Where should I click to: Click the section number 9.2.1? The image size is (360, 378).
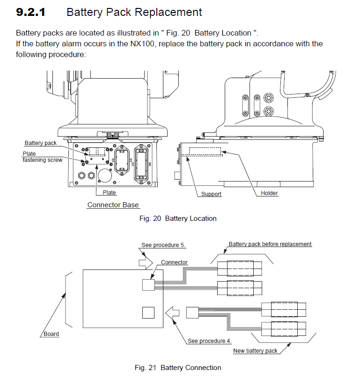pos(30,13)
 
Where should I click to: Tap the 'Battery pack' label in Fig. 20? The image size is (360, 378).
pos(40,143)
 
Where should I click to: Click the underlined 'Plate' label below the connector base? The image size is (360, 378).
pos(109,192)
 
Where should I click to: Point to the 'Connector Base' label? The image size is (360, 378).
pos(113,205)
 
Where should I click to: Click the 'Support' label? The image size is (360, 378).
pos(211,194)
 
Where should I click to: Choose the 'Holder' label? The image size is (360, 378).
pos(269,193)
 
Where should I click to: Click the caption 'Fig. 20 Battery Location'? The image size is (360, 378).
pos(178,218)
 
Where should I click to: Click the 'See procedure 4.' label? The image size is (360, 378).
pos(210,341)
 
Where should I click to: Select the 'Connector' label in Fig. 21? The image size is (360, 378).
pos(174,262)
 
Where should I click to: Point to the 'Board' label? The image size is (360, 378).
pos(51,334)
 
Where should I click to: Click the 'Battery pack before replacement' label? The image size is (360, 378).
pos(270,244)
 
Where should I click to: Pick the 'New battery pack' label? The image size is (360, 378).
pos(255,351)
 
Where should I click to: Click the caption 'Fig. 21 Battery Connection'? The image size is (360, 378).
pos(178,368)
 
